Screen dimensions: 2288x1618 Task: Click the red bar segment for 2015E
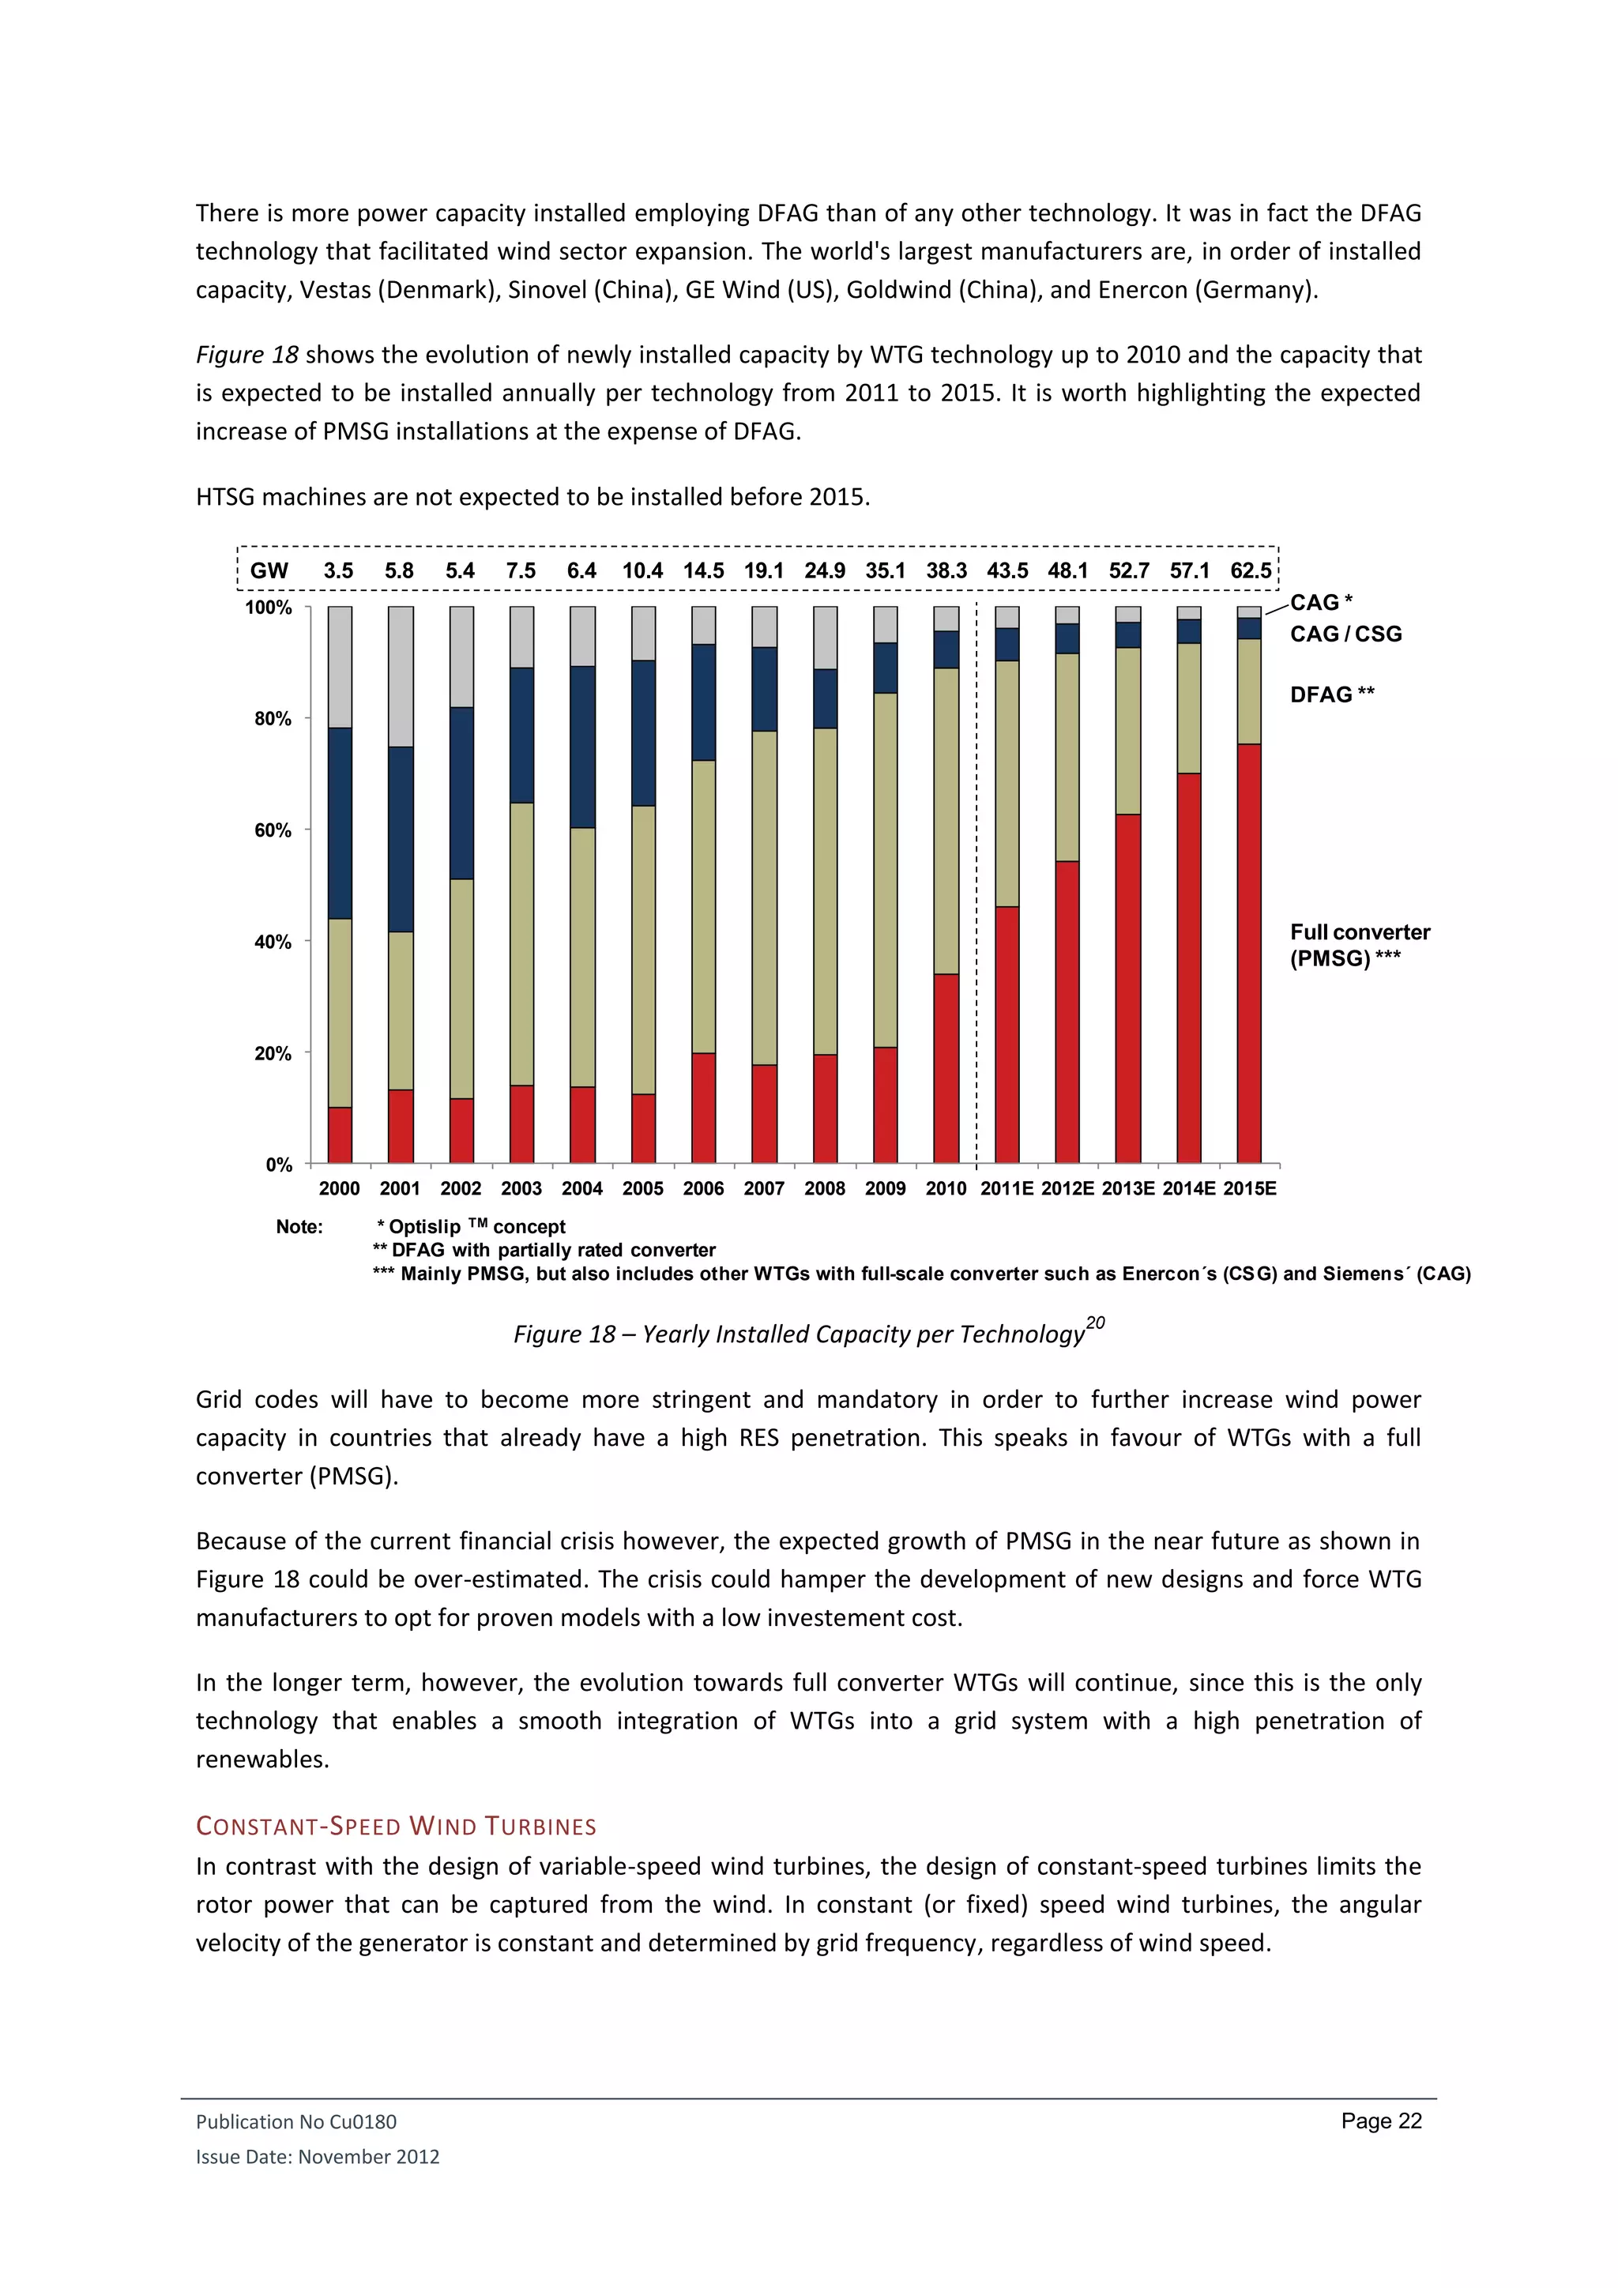(1248, 953)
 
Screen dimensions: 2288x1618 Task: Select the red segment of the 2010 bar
(946, 1067)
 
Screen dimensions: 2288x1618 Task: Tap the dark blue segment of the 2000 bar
(340, 823)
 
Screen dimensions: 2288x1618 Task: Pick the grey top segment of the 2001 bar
(401, 675)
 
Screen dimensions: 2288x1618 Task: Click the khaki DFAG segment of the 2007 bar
(764, 897)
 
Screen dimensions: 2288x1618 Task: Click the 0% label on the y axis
(279, 1164)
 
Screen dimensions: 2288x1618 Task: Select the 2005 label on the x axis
(642, 1187)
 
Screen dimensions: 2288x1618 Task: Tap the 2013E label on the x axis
(1128, 1187)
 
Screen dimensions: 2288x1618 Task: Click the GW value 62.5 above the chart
(1251, 571)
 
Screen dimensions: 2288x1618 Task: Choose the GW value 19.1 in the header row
(764, 571)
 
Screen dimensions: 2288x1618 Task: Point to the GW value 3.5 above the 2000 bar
(339, 571)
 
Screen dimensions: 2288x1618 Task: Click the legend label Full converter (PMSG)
(1359, 945)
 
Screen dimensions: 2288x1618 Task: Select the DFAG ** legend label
(1331, 694)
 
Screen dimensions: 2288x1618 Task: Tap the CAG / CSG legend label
(1345, 634)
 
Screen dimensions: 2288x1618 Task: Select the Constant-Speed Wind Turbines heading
(396, 1826)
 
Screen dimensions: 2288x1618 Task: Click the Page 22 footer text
(1381, 2121)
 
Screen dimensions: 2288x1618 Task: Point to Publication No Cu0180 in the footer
(296, 2121)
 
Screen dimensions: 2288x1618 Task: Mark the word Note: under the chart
(299, 1227)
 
